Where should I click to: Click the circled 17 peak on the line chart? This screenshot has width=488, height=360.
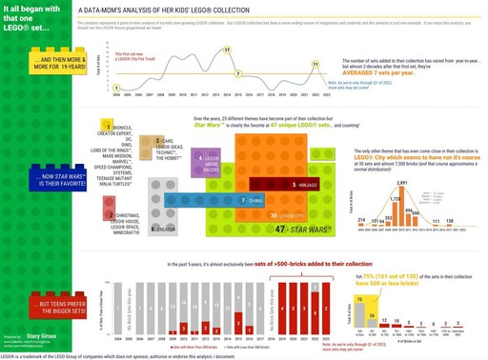(x=225, y=49)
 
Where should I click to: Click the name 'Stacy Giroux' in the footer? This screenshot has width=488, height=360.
(x=45, y=336)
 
